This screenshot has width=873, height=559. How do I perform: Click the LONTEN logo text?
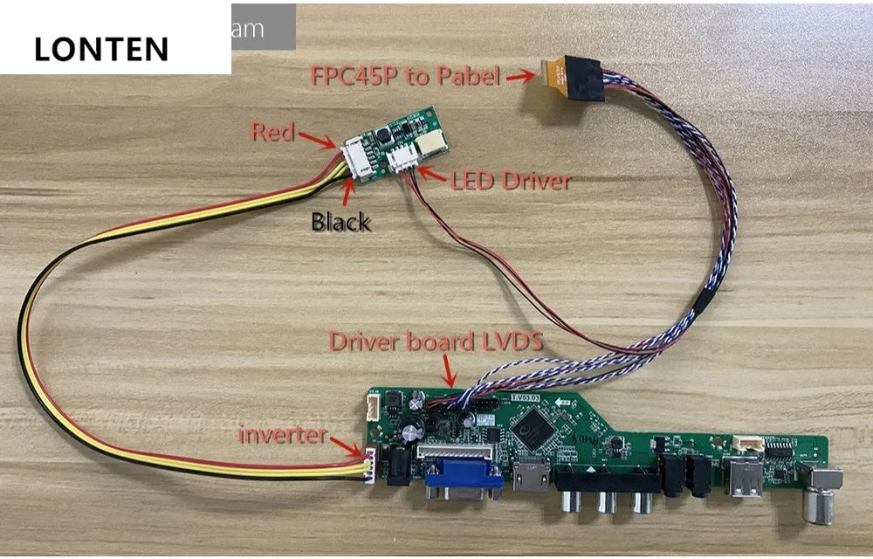click(x=101, y=49)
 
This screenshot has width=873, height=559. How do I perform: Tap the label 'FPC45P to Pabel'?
click(x=405, y=75)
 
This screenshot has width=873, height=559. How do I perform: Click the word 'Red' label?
click(x=272, y=132)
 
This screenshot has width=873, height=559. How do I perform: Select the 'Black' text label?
click(x=340, y=222)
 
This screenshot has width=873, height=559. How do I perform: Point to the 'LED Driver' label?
click(x=511, y=181)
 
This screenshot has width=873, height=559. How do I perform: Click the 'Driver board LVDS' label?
click(x=435, y=341)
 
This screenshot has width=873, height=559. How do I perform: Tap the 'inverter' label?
click(x=285, y=433)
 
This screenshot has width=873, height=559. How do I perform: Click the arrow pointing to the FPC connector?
click(x=521, y=76)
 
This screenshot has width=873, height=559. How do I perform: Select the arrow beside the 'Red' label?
click(x=316, y=138)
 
